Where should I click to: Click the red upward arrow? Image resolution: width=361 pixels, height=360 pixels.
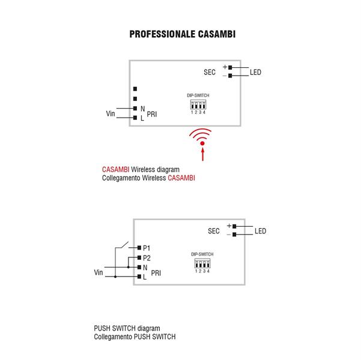point(203,155)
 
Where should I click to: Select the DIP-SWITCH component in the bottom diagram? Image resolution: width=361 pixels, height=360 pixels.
point(202,263)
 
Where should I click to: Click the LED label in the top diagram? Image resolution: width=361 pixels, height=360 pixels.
point(255,73)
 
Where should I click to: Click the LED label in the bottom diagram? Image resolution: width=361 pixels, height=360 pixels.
point(260,231)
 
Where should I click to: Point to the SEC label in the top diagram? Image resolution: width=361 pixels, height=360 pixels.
point(209,72)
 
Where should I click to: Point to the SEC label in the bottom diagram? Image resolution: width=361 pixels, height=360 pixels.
point(214,231)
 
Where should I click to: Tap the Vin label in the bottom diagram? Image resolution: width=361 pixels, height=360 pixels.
point(99,273)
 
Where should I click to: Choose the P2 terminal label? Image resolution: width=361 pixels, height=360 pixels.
point(147,258)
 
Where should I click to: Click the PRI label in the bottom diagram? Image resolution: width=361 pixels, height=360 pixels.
point(156,273)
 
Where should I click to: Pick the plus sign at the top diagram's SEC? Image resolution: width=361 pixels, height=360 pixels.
point(224,67)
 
